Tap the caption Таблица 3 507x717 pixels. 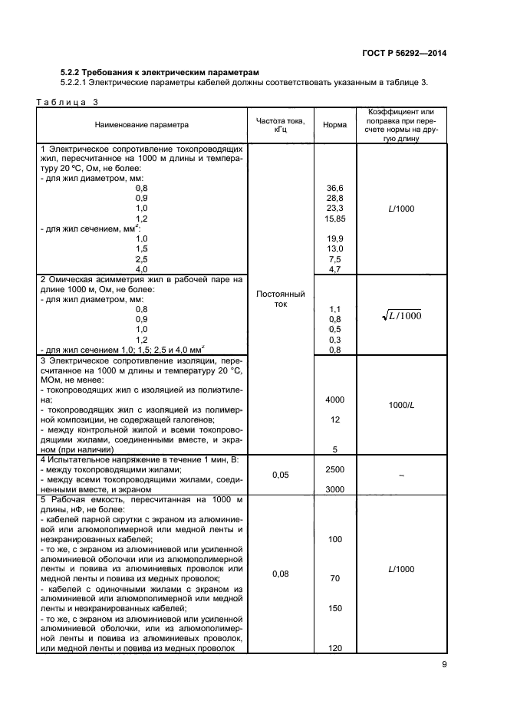coord(67,101)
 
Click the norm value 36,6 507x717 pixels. coord(334,188)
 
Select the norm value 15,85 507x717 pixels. coord(334,219)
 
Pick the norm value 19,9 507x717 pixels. coord(334,238)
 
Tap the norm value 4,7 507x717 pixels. coord(334,269)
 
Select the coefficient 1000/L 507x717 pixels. coord(400,405)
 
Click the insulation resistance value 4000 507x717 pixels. coord(334,400)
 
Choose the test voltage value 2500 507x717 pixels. coord(334,469)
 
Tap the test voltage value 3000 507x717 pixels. coord(334,489)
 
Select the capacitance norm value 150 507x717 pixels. coord(334,608)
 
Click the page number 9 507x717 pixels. coord(444,665)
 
